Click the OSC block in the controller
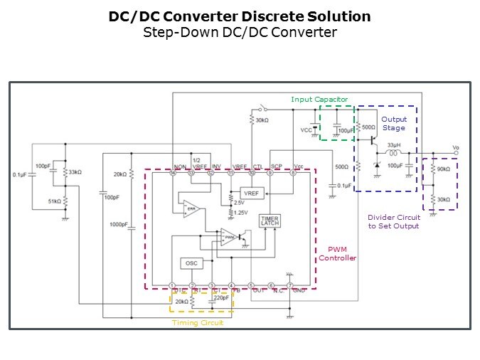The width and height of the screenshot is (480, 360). click(191, 263)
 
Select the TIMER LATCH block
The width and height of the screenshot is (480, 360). click(270, 221)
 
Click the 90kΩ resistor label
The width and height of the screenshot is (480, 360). click(443, 169)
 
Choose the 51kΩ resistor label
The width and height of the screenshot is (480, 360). click(54, 201)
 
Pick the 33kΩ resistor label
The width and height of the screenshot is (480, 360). click(74, 172)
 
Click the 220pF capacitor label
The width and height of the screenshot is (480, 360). click(222, 298)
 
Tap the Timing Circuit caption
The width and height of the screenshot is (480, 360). click(198, 323)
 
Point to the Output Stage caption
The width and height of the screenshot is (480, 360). click(393, 124)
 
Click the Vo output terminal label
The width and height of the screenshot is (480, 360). click(456, 148)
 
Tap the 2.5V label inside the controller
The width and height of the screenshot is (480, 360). click(238, 203)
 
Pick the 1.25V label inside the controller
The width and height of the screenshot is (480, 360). click(240, 213)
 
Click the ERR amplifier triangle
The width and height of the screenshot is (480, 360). click(190, 208)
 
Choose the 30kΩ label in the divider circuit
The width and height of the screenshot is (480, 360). click(443, 200)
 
